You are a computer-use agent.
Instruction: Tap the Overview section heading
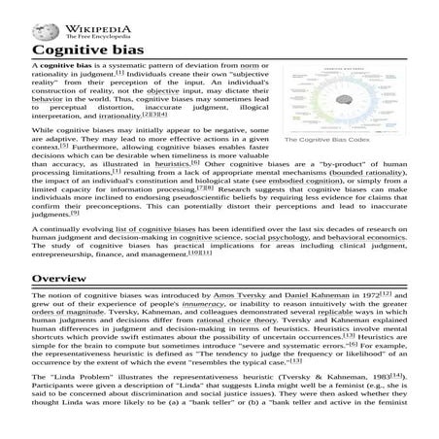coord(61,279)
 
